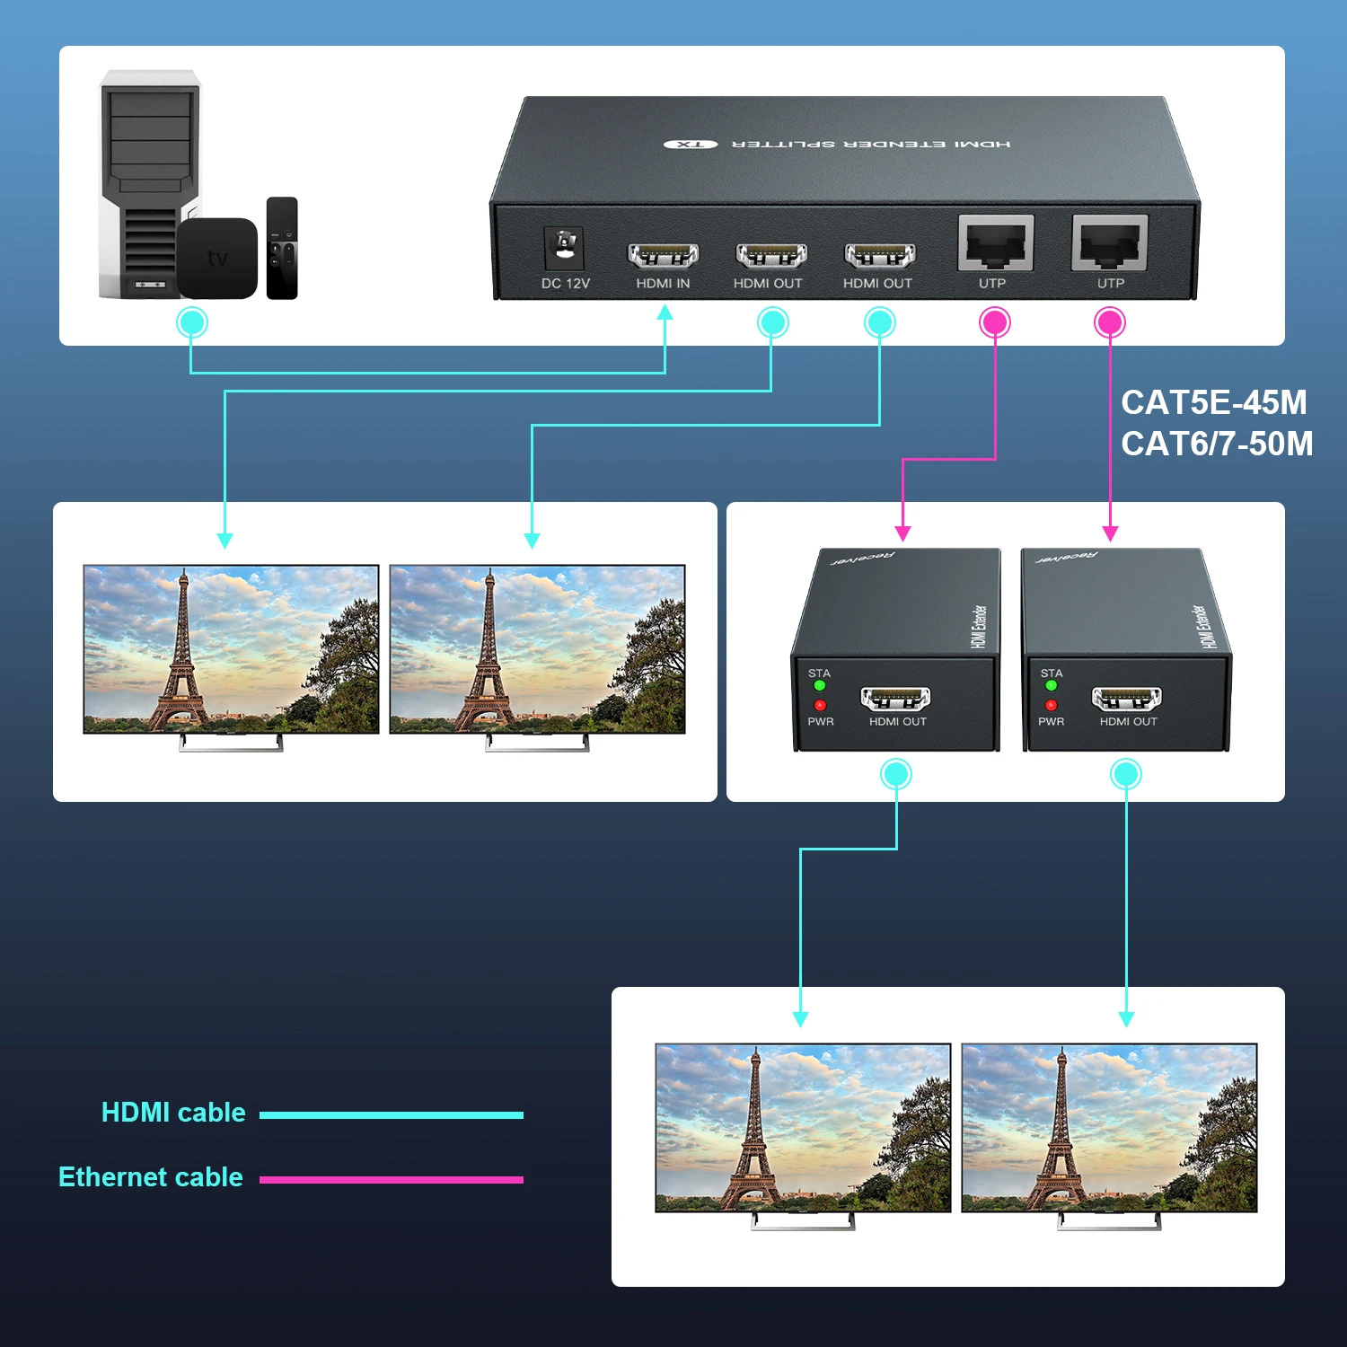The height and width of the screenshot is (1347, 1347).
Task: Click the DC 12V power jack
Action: point(564,246)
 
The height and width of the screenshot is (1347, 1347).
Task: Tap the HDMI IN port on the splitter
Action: point(663,255)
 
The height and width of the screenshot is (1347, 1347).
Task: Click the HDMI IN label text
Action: point(663,284)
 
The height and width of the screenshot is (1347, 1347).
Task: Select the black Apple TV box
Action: point(217,259)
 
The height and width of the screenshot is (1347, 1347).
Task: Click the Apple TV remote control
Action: point(282,248)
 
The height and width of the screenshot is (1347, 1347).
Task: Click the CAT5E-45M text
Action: point(1213,402)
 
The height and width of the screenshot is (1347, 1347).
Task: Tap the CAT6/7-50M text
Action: point(1217,444)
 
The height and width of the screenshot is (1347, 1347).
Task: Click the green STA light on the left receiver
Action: point(819,686)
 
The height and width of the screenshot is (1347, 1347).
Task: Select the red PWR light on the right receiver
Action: point(1051,705)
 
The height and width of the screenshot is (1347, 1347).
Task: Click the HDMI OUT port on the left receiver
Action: point(895,698)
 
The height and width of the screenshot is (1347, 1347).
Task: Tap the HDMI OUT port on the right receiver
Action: point(1126,698)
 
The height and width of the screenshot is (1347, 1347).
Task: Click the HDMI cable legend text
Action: point(173,1113)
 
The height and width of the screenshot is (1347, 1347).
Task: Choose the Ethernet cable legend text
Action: point(151,1177)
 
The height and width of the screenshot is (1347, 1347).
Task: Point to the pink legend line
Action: point(392,1179)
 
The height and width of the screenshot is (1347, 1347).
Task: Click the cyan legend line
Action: point(392,1115)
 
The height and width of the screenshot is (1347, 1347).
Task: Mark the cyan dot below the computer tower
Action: point(191,322)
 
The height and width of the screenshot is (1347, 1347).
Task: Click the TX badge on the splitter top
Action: point(691,144)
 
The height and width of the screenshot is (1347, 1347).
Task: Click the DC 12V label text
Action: point(565,284)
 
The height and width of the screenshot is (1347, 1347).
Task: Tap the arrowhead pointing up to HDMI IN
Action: point(665,313)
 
